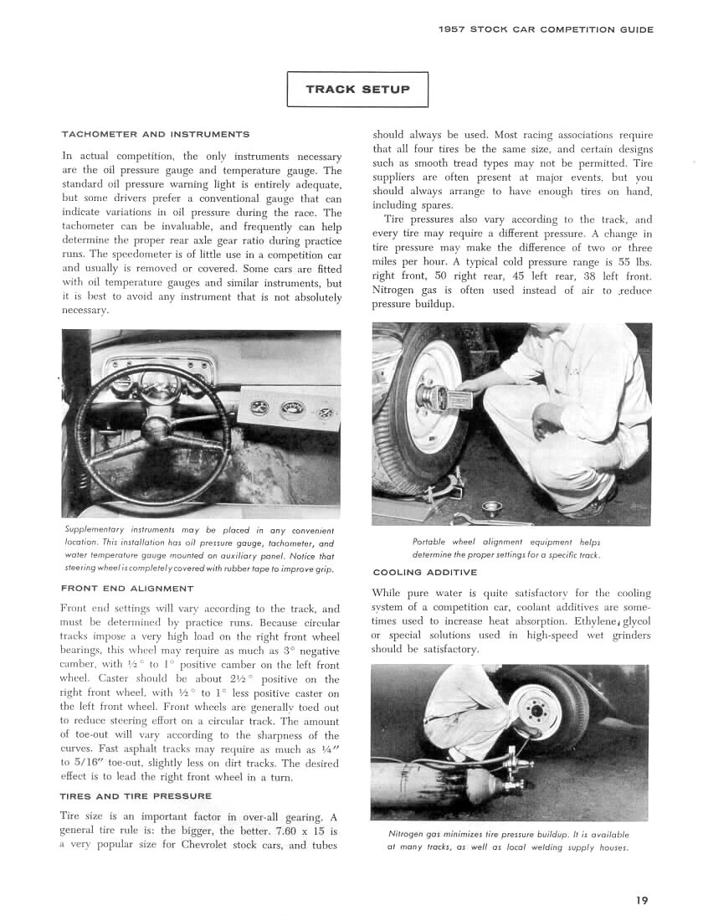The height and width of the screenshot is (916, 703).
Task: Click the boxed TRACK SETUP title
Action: [x=357, y=90]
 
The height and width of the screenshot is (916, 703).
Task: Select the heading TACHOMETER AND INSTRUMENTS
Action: [x=156, y=134]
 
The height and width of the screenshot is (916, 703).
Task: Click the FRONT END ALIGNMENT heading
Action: [x=127, y=589]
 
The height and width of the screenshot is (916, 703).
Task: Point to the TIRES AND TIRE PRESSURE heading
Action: [x=136, y=795]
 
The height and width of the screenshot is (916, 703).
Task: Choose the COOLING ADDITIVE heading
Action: [x=424, y=573]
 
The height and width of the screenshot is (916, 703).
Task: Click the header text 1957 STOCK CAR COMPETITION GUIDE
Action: [x=546, y=29]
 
